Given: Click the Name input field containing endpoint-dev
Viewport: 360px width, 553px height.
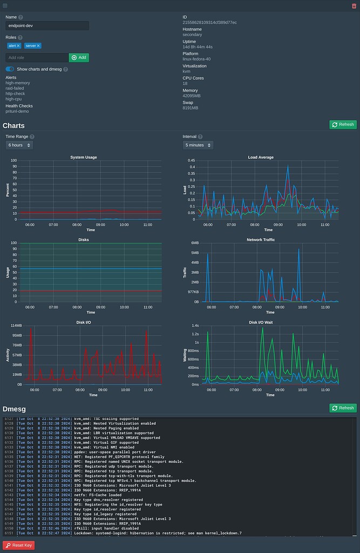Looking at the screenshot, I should click(47, 26).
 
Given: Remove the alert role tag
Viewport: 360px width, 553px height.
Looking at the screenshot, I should click(18, 46).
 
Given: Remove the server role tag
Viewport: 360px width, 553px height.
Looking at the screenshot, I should click(38, 46).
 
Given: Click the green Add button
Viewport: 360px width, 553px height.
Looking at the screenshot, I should click(79, 58).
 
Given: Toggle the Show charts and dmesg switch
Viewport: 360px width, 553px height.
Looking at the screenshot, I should click(10, 69).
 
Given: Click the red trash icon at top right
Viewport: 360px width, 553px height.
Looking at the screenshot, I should click(354, 5).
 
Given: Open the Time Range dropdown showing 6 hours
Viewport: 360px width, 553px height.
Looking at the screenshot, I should click(19, 145).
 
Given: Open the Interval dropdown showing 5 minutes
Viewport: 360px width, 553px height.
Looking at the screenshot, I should click(198, 145).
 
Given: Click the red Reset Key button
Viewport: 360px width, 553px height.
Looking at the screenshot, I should click(19, 545).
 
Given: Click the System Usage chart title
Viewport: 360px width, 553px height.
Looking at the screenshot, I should click(84, 157).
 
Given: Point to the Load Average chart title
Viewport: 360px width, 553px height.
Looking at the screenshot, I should click(261, 157).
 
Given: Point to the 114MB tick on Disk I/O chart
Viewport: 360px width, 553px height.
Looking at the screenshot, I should click(16, 326).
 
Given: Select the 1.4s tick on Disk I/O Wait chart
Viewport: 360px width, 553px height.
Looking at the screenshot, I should click(194, 326).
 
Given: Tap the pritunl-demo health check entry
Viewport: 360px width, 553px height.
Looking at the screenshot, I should click(17, 111).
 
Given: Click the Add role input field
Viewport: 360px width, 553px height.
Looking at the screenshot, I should click(37, 58).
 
